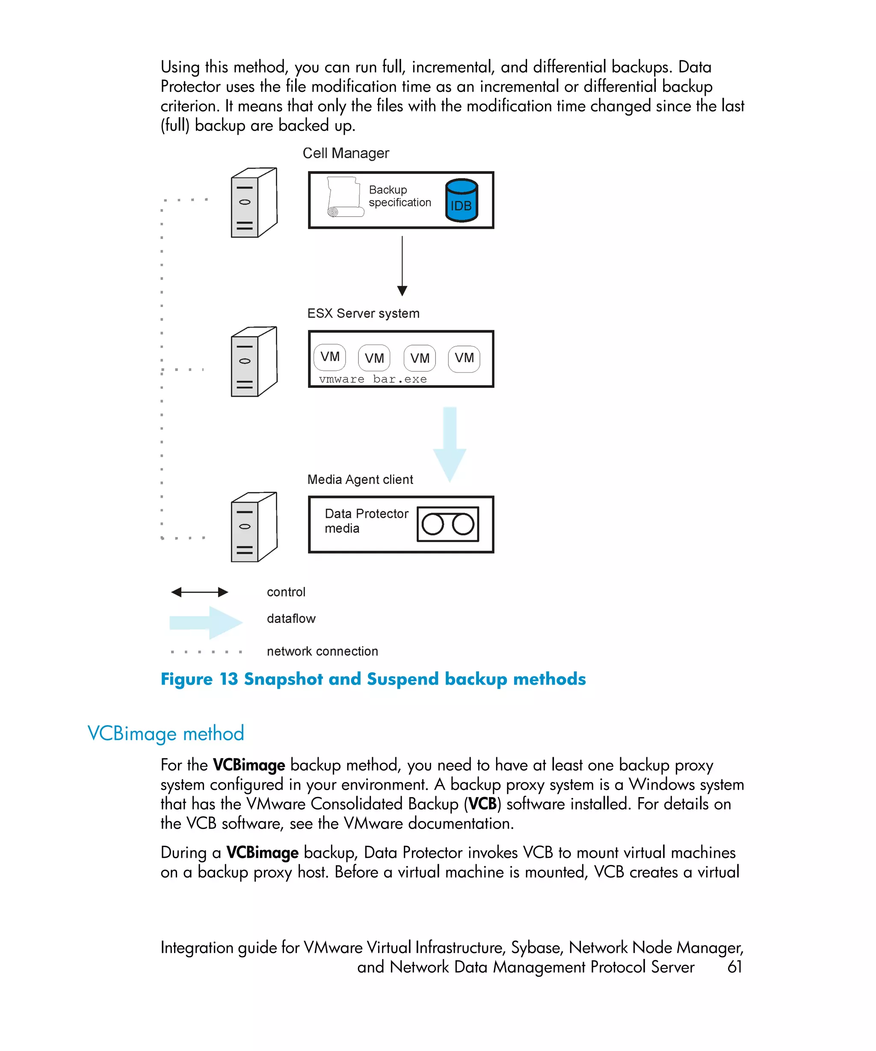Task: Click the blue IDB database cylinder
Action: coord(461,200)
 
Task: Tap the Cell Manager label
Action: coord(345,153)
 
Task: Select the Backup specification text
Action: coord(400,196)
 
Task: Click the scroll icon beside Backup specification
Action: coord(344,197)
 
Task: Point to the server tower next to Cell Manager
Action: coord(254,203)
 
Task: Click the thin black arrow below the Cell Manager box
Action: coord(402,265)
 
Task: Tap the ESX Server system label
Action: coord(363,313)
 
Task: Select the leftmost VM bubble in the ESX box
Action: coord(330,357)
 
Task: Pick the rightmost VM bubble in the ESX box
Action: coord(464,358)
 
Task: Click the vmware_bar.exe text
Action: coord(373,379)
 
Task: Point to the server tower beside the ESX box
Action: coord(254,362)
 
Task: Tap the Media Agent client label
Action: coord(360,479)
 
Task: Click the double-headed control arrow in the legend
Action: coord(199,592)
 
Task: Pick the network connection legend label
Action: coord(323,651)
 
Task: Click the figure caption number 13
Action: coord(229,679)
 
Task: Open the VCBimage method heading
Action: coord(166,734)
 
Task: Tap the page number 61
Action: coord(734,967)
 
